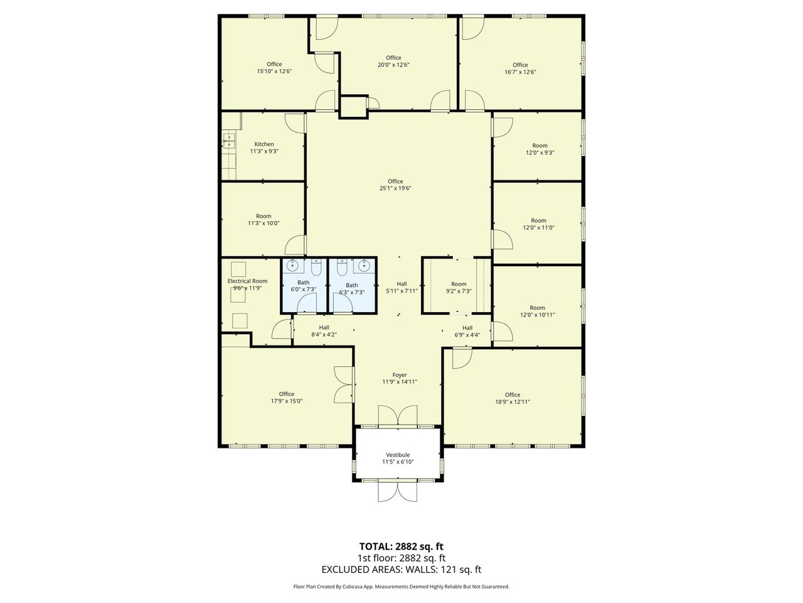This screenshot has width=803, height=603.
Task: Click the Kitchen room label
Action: tap(263, 144)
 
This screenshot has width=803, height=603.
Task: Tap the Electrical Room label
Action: tap(247, 281)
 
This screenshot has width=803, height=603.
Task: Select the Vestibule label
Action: tap(398, 455)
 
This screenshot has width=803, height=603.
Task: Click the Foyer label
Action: tap(400, 375)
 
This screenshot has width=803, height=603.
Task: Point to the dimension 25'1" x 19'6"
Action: tap(395, 188)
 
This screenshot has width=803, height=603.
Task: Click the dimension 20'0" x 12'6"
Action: tap(393, 65)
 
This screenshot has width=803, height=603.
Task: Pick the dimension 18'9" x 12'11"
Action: tap(513, 402)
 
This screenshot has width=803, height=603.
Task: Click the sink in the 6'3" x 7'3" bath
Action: tap(363, 267)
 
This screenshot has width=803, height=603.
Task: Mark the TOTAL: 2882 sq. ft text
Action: tap(401, 546)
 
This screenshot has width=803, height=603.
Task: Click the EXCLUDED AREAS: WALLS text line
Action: tap(401, 570)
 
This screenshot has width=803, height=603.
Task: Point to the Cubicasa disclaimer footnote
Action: tap(401, 587)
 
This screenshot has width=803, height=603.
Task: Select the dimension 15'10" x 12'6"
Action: tap(274, 72)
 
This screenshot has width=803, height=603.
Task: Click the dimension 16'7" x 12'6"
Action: tap(520, 72)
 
